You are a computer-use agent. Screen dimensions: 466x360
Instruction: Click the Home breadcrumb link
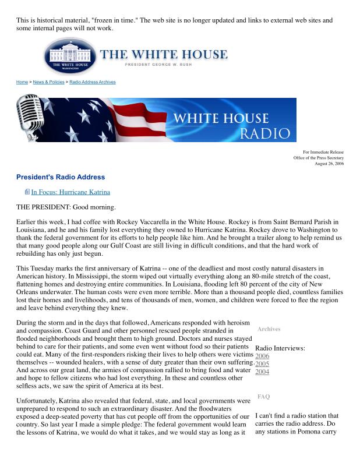point(22,82)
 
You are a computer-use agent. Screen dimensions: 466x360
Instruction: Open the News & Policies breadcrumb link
point(49,82)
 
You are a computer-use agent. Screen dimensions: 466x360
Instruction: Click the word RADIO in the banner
point(264,134)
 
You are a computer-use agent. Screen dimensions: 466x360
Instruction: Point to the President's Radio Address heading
point(60,176)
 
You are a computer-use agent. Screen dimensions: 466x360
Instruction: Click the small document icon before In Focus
point(27,192)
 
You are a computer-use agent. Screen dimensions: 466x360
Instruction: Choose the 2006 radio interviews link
point(262,356)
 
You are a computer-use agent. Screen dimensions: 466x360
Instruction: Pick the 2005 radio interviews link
point(262,363)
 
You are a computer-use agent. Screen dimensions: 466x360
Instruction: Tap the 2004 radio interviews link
point(262,372)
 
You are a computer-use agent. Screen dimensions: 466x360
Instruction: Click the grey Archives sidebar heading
point(269,329)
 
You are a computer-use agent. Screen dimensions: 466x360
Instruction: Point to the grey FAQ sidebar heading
point(263,397)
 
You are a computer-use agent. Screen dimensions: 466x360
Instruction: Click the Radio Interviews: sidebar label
point(280,348)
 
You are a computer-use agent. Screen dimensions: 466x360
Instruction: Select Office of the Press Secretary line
point(319,158)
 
